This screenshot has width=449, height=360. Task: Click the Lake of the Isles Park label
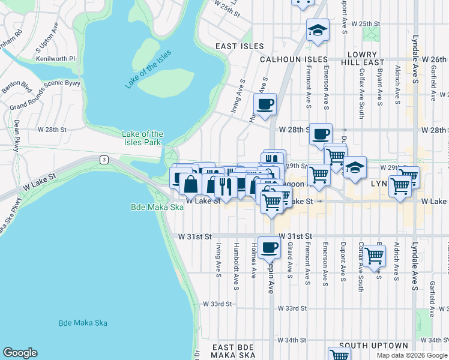tap(142, 138)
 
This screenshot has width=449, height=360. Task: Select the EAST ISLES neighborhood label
tap(240, 46)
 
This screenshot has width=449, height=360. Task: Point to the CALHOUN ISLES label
tap(294, 59)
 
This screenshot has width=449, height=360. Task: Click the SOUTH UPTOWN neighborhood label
tap(373, 346)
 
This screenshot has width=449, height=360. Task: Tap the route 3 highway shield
tap(104, 159)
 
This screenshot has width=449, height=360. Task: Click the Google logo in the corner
tap(20, 353)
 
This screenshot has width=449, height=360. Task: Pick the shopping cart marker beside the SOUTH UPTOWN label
tap(340, 354)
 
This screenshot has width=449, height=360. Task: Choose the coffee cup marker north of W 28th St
tap(265, 104)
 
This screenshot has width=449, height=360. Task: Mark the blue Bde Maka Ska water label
tap(83, 323)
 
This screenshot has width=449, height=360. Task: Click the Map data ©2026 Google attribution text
tap(412, 355)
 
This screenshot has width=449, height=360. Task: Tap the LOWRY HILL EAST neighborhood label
tap(361, 58)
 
